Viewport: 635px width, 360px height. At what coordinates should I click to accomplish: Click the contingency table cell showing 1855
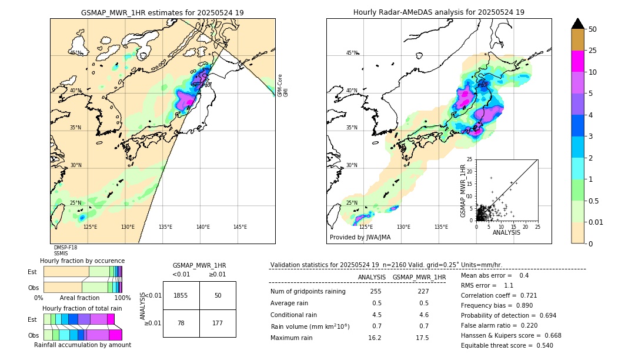click(181, 295)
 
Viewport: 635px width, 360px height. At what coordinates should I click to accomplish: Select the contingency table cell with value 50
click(218, 295)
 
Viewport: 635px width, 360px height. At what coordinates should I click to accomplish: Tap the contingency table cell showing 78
click(181, 323)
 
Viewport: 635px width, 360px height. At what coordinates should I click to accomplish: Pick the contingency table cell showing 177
click(218, 323)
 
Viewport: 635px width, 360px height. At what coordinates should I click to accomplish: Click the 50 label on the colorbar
click(593, 29)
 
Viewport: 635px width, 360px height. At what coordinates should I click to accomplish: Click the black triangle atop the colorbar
click(578, 24)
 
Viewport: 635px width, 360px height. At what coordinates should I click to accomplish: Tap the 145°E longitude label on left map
click(240, 227)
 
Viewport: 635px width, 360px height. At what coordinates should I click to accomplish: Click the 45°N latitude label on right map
click(352, 53)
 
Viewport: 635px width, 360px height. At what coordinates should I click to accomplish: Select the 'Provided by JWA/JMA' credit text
click(360, 238)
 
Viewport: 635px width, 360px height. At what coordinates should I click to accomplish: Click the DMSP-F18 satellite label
click(65, 248)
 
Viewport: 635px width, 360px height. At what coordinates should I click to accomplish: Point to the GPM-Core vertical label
click(280, 85)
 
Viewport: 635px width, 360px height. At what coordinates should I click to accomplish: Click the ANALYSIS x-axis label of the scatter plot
click(506, 232)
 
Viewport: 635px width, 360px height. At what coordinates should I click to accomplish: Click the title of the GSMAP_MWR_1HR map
click(162, 12)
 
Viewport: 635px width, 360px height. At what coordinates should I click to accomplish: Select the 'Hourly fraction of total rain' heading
click(82, 308)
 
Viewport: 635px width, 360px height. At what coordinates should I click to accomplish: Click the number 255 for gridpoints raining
click(376, 291)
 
